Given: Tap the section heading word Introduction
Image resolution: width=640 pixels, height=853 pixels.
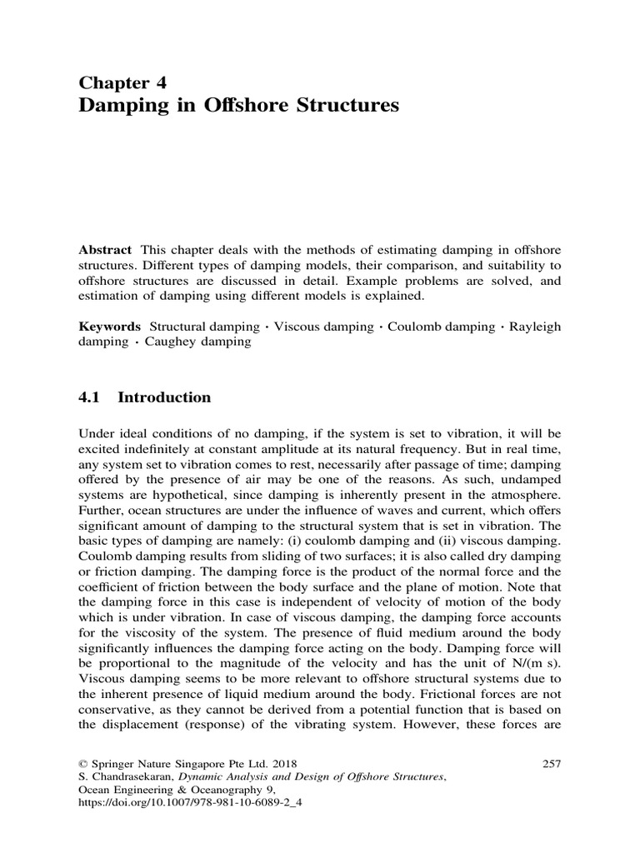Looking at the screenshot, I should pos(164,397).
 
